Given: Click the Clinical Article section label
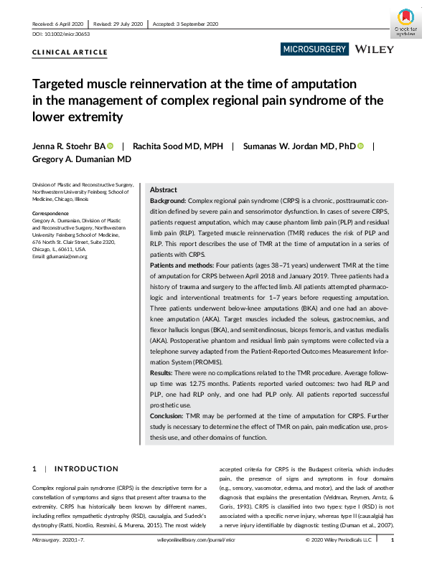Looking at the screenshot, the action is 70,52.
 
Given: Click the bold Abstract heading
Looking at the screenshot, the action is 165,190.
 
